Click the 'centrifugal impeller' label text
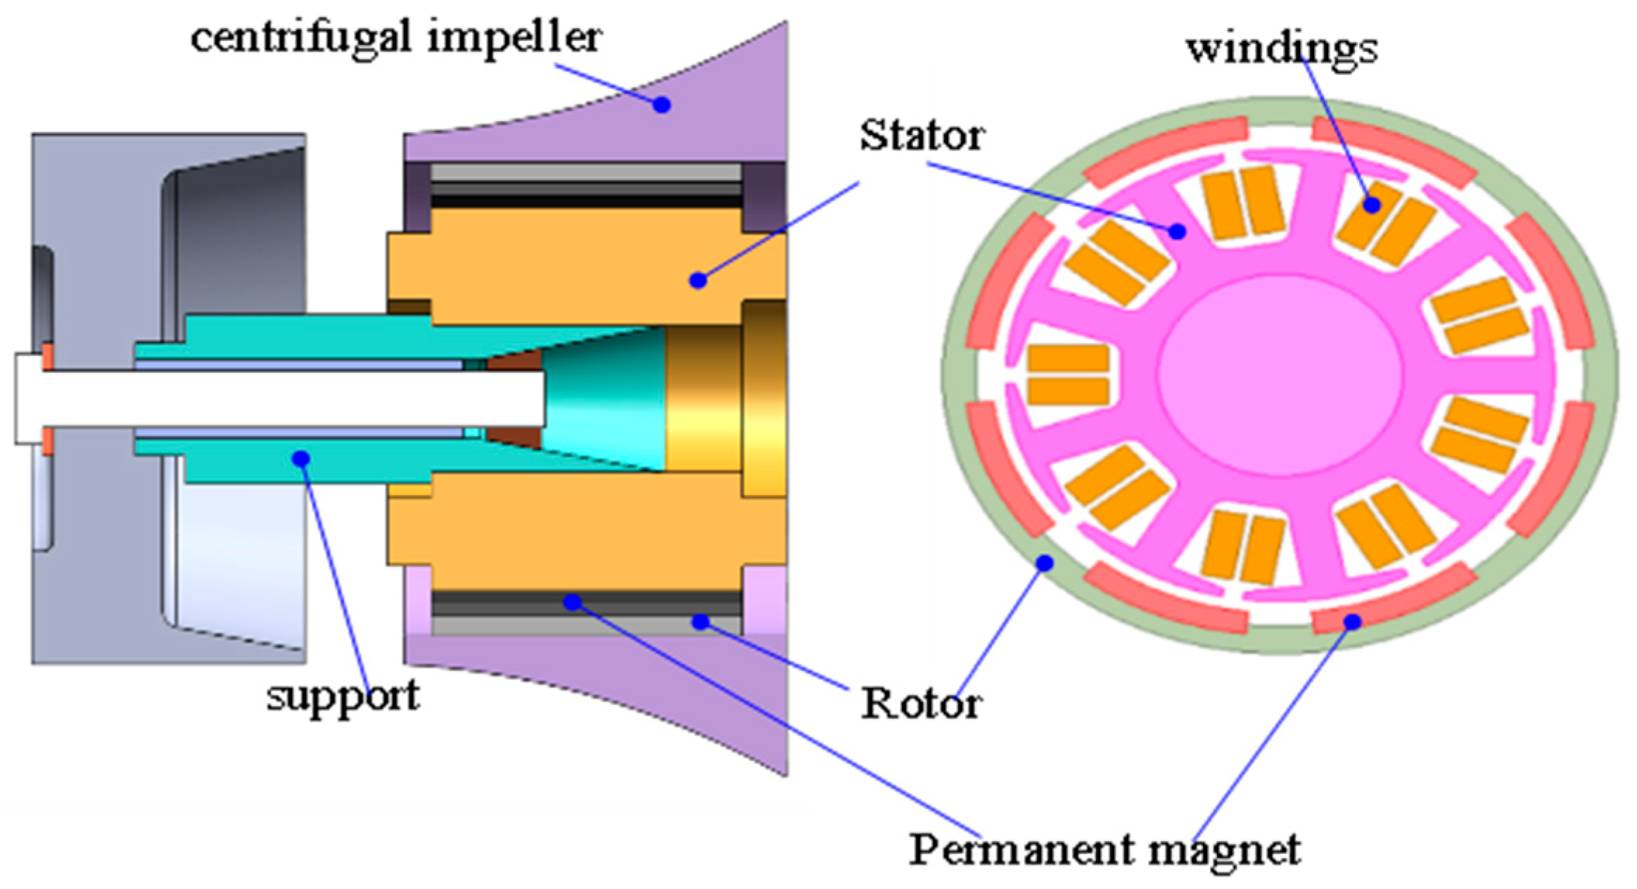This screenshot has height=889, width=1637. (396, 38)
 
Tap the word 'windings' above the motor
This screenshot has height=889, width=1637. (1282, 49)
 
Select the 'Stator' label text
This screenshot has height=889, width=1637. (921, 135)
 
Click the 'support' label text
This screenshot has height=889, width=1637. (343, 696)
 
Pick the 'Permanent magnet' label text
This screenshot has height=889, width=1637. (1104, 850)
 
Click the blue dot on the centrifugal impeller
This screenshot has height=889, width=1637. (661, 105)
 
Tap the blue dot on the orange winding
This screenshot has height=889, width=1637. (1371, 205)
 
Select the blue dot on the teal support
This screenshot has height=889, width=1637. (301, 459)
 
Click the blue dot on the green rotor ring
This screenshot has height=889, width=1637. (1045, 562)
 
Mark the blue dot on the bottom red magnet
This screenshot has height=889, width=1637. (1351, 621)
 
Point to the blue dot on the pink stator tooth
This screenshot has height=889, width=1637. (1176, 230)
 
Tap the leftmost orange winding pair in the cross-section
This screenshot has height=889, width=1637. (1068, 375)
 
